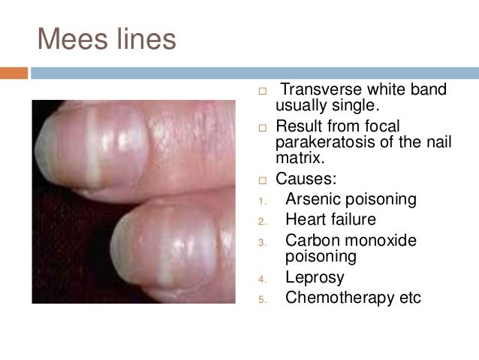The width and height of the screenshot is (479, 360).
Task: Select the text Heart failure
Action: (330, 220)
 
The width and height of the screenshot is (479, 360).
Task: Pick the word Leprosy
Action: (315, 277)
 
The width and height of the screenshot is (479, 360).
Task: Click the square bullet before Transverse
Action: (262, 92)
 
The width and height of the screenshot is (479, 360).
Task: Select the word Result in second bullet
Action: (300, 126)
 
